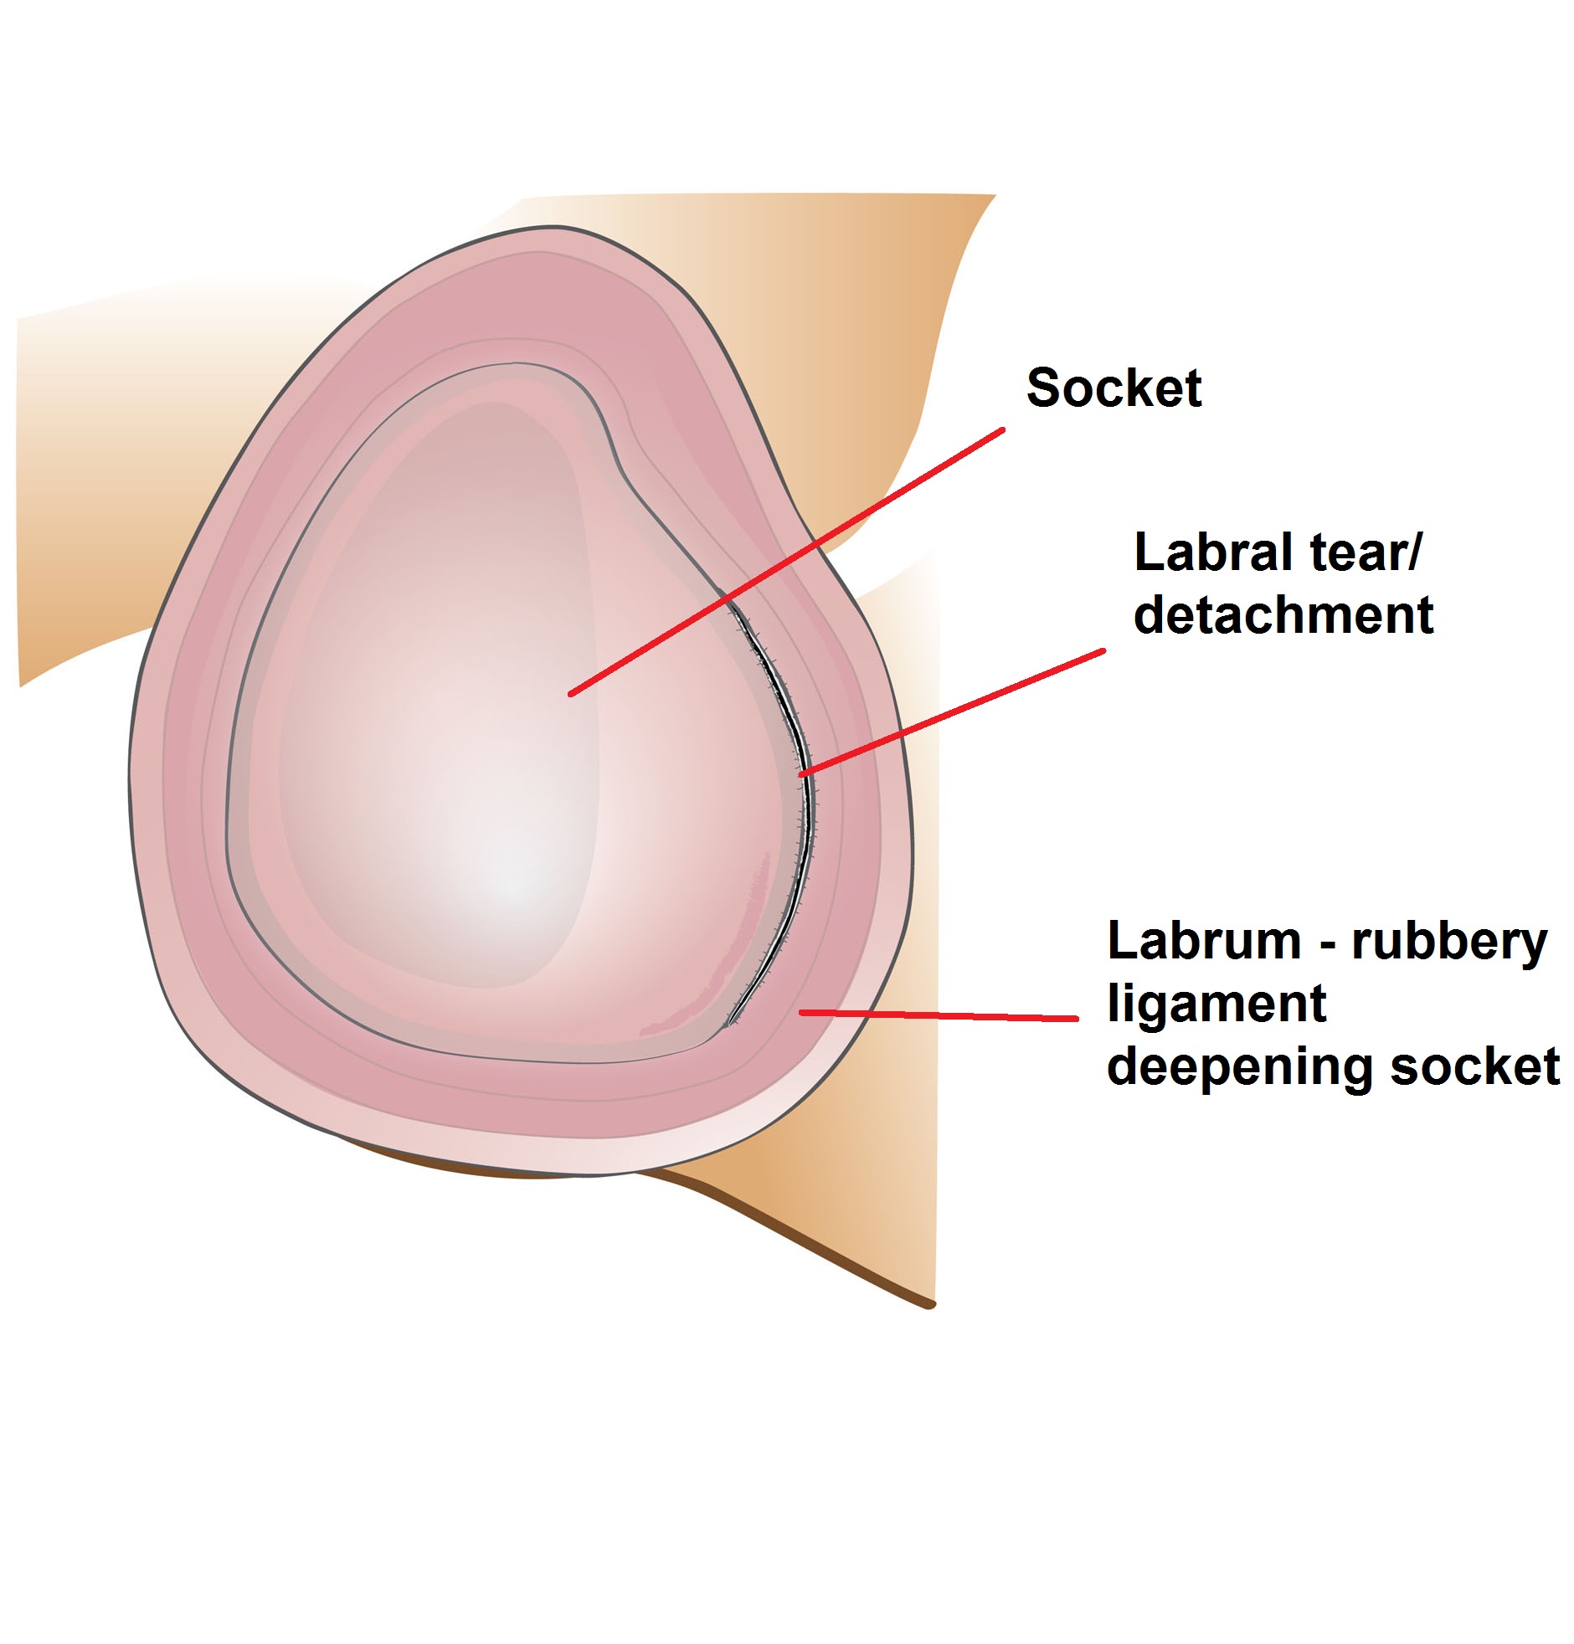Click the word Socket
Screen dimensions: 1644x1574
tap(1114, 388)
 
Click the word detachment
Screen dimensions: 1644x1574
tap(1283, 615)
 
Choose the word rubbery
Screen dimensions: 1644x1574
tap(1449, 943)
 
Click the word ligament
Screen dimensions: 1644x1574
tap(1217, 1004)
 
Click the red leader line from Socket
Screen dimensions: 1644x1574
tap(789, 560)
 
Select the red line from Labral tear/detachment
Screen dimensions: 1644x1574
tap(952, 712)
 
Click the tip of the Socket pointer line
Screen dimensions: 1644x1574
tap(571, 694)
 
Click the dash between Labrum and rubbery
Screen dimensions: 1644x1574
tap(1327, 945)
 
